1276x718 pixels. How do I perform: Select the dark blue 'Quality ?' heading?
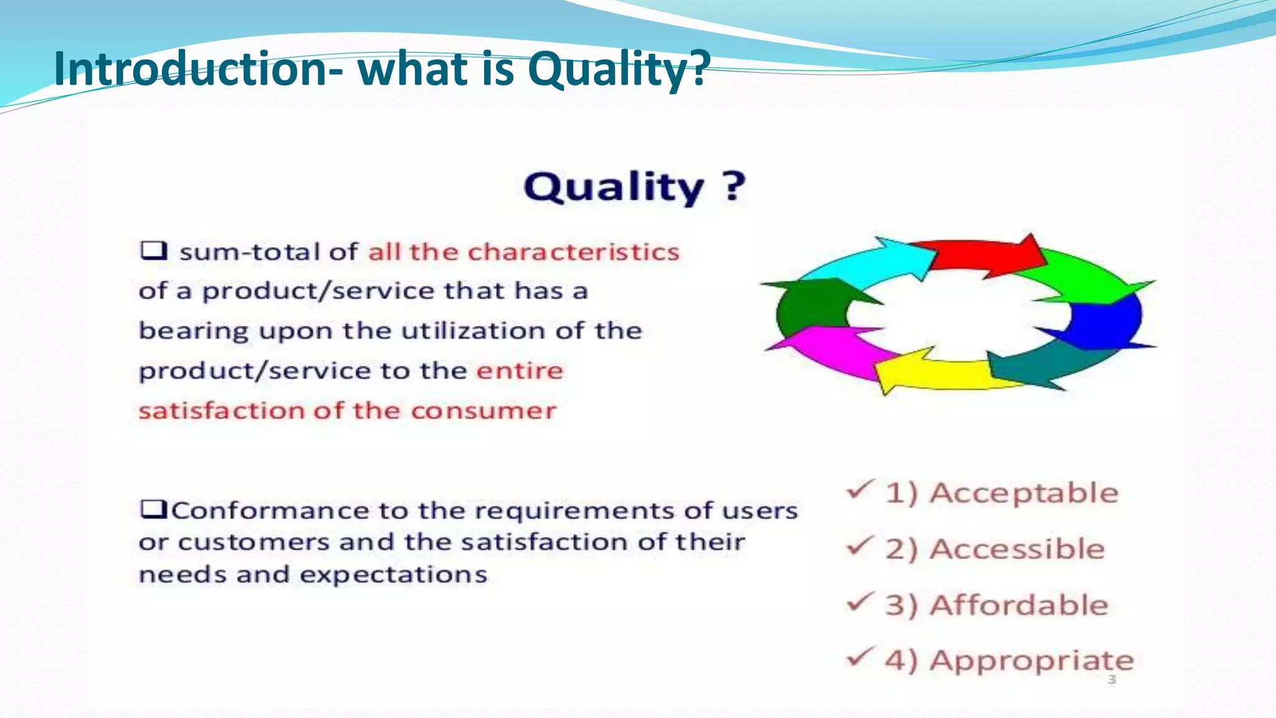point(634,187)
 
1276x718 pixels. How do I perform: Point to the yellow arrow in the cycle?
point(935,374)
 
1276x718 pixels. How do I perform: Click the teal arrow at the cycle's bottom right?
point(1047,368)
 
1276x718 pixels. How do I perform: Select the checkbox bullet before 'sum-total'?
point(153,251)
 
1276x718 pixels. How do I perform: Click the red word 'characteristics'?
point(573,252)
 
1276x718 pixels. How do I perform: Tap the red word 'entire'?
point(520,371)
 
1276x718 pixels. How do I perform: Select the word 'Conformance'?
point(269,511)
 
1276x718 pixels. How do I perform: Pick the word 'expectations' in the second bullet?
point(394,575)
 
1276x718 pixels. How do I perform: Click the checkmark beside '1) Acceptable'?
point(860,490)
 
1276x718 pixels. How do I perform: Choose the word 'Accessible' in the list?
point(1017,549)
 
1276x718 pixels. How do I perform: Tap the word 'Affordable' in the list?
point(1019,605)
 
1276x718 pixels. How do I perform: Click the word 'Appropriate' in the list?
point(1031,661)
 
